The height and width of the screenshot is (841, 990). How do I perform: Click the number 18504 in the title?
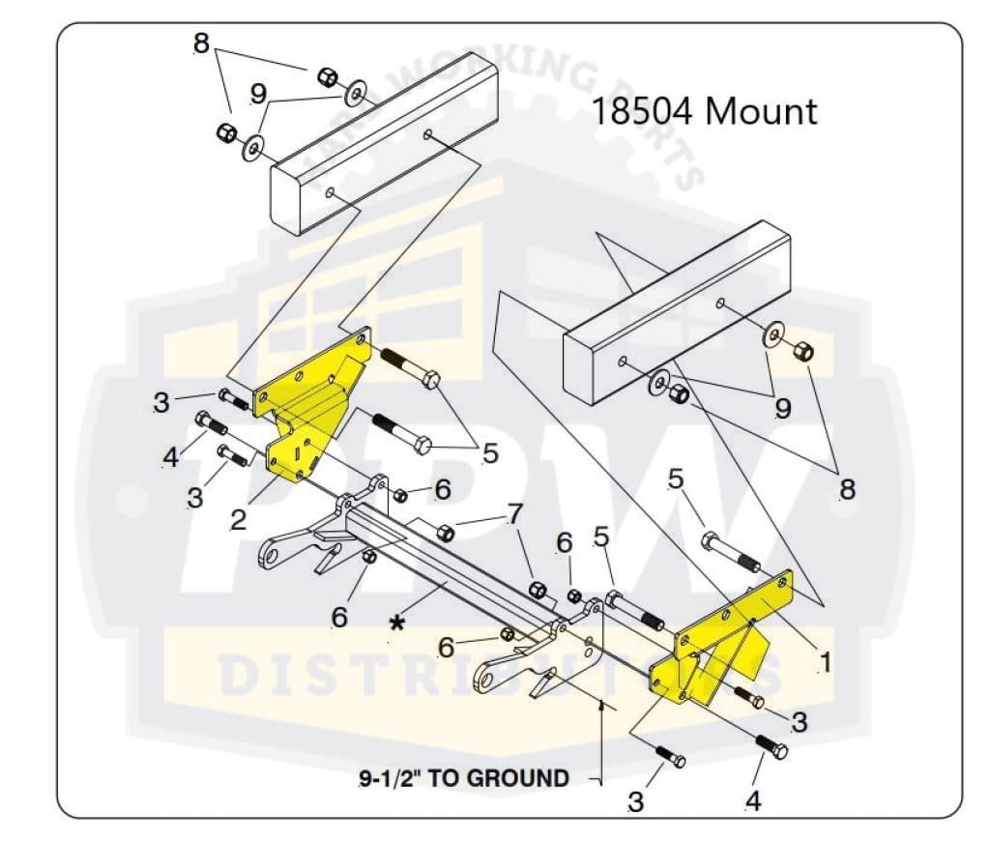tap(642, 111)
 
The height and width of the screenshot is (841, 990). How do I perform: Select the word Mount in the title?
tap(761, 111)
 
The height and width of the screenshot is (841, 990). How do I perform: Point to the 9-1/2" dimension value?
tap(388, 778)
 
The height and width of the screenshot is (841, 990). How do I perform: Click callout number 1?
tap(825, 662)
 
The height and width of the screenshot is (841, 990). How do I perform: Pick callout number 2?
tap(238, 518)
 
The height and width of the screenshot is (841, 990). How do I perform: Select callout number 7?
tap(514, 510)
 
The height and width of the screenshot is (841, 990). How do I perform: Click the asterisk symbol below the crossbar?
tap(396, 623)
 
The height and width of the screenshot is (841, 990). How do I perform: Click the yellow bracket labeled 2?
tap(309, 406)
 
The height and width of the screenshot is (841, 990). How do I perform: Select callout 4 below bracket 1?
tap(753, 801)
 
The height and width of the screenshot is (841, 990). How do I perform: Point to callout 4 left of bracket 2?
tap(171, 456)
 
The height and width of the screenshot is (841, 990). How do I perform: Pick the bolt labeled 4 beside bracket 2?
tap(211, 423)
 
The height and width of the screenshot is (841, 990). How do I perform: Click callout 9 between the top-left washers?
tap(257, 94)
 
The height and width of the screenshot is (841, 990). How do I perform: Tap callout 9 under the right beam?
tap(783, 408)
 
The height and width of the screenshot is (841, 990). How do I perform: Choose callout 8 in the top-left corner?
tap(201, 43)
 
